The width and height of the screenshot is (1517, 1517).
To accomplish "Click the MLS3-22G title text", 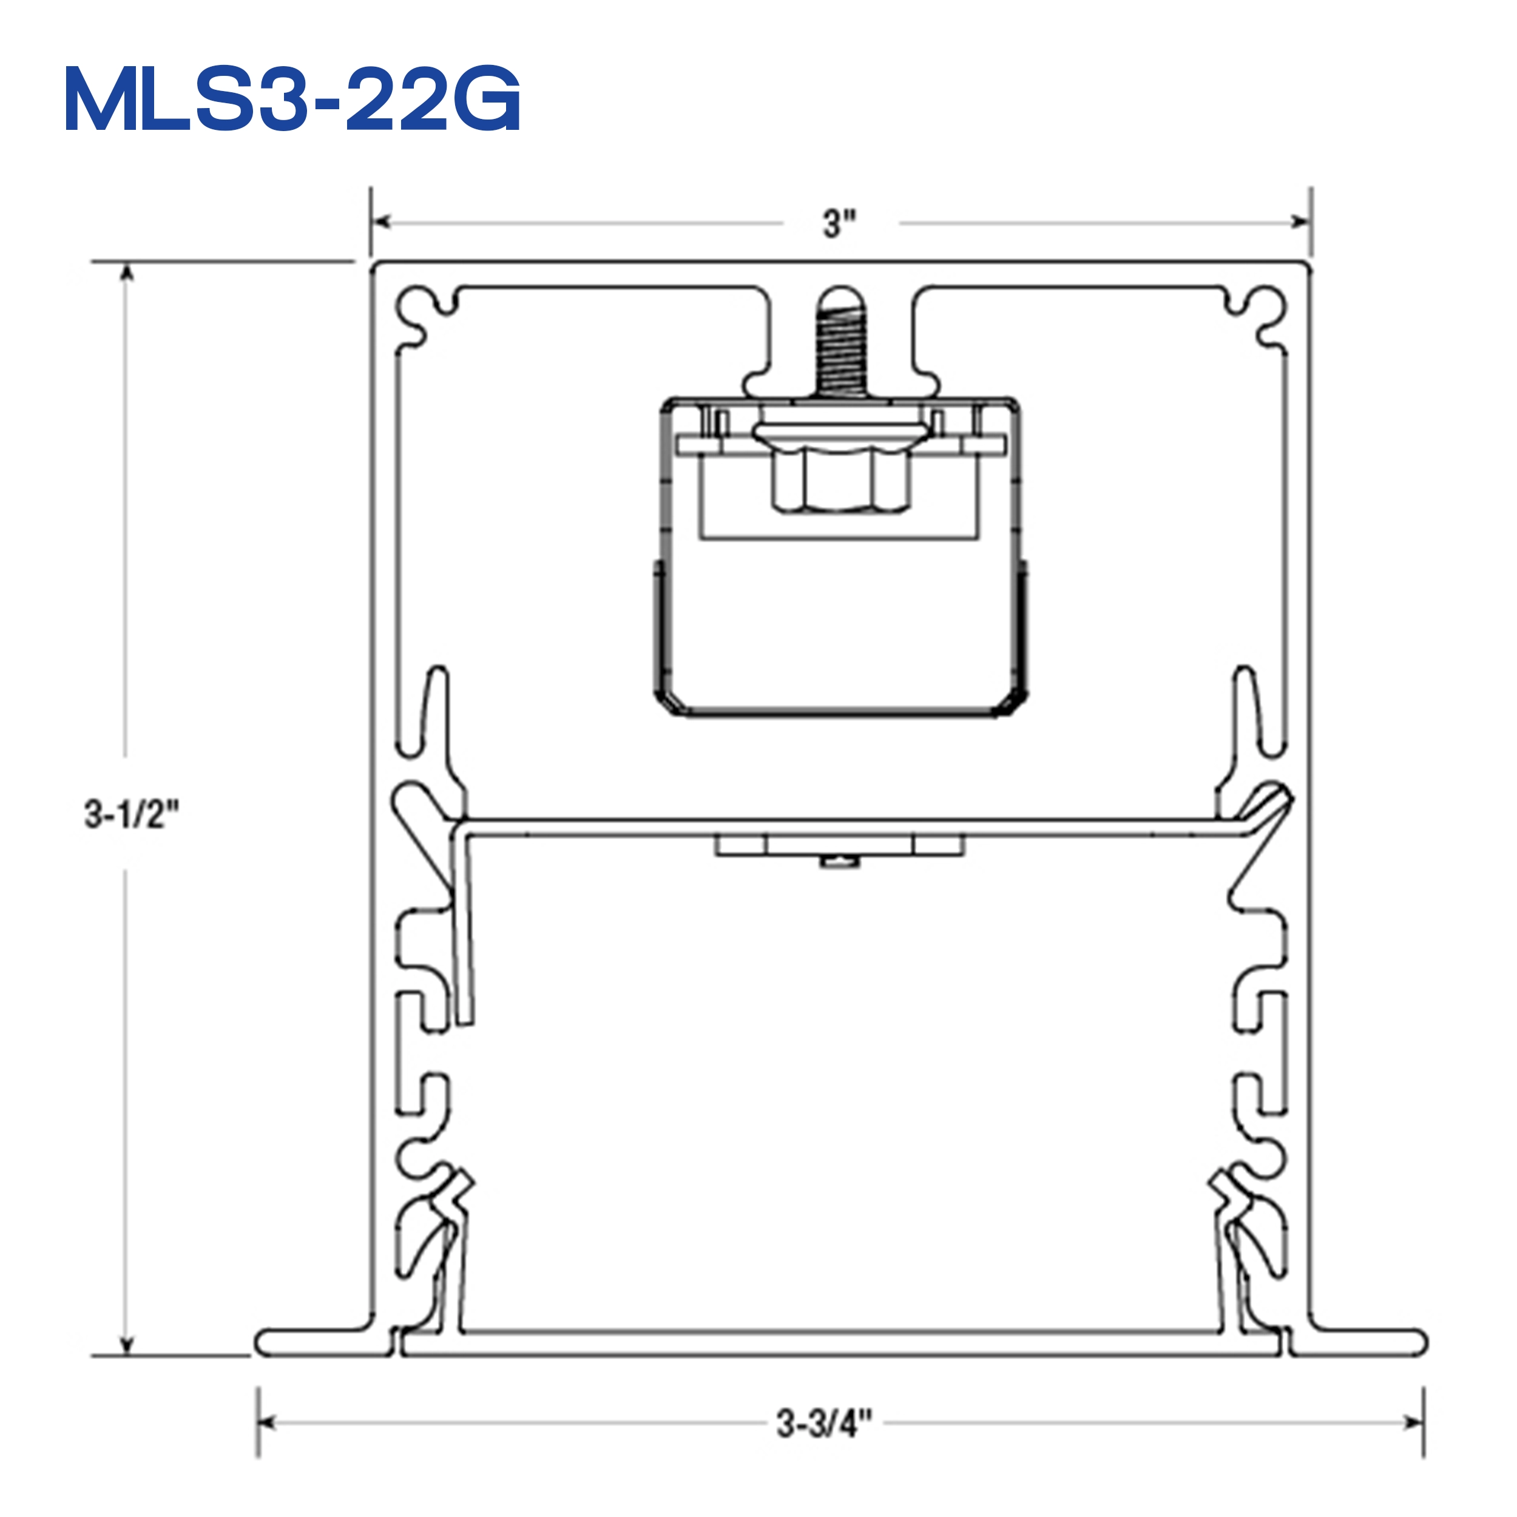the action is pyautogui.click(x=292, y=100).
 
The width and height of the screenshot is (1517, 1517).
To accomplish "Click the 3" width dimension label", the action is pyautogui.click(x=839, y=224).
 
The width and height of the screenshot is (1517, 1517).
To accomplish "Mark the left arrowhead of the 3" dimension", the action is pyautogui.click(x=382, y=222).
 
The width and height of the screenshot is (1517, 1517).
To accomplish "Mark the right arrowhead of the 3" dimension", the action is pyautogui.click(x=1300, y=222).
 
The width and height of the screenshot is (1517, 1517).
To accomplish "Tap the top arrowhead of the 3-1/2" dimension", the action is pyautogui.click(x=126, y=272).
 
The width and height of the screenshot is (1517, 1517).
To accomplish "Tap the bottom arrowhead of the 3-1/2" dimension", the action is pyautogui.click(x=126, y=1345).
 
